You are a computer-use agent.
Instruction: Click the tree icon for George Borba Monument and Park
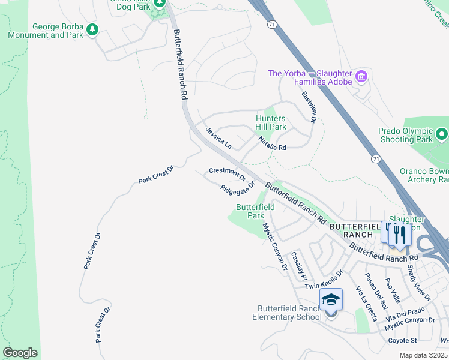pos(92,29)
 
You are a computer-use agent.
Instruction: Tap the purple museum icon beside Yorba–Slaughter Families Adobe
pos(361,76)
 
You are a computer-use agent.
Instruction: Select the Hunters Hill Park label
pos(270,123)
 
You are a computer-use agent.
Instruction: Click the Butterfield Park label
pos(255,211)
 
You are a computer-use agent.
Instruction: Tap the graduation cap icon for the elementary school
pos(331,299)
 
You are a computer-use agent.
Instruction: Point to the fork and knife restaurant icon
pos(400,234)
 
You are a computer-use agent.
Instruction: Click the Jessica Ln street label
pos(218,137)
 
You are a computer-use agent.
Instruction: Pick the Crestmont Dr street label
pos(228,174)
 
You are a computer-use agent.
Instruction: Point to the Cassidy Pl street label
pos(298,266)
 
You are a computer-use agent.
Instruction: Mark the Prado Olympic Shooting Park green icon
pos(442,133)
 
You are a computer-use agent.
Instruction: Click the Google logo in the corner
pos(20,352)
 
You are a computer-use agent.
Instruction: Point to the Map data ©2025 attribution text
pos(423,355)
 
